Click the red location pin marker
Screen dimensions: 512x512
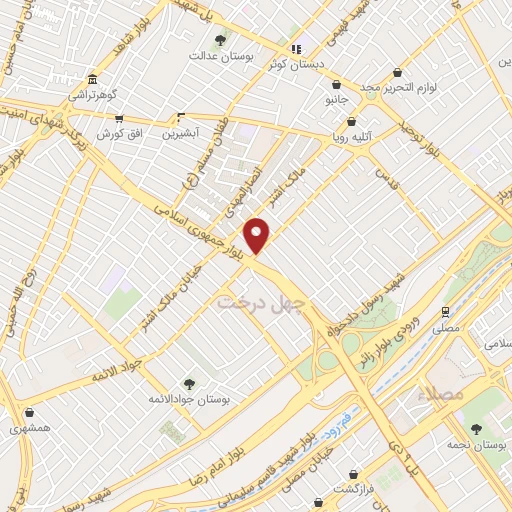pos(258,234)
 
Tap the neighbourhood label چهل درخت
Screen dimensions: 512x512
pos(246,299)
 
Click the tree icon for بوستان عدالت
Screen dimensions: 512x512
pos(220,40)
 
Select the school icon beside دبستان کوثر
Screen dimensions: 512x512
pos(295,48)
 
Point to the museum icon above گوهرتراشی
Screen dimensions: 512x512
pos(92,80)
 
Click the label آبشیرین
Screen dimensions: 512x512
pos(182,131)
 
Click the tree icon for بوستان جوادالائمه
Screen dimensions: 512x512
pos(189,383)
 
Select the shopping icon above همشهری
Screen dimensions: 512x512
pos(29,412)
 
